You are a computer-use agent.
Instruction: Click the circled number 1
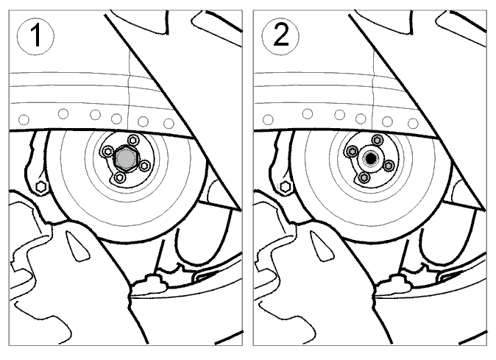point(35,36)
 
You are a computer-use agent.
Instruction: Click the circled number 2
point(280,36)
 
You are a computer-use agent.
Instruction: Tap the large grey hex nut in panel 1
point(126,158)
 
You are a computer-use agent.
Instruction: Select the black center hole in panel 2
point(370,158)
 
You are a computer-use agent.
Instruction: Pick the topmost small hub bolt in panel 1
point(132,139)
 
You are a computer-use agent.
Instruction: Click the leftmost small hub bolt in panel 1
point(108,151)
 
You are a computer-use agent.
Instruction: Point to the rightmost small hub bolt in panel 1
point(144,166)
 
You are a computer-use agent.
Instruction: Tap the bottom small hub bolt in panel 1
point(119,177)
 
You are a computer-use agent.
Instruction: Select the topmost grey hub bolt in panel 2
point(377,139)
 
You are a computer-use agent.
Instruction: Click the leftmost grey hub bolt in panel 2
point(352,151)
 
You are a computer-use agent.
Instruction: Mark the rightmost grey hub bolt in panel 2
point(389,166)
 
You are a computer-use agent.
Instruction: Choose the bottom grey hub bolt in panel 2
point(364,177)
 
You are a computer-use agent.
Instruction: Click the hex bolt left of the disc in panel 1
point(40,187)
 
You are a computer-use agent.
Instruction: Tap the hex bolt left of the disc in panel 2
point(286,187)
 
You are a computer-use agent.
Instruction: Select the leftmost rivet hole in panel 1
point(24,120)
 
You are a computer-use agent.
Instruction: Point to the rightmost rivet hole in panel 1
point(169,123)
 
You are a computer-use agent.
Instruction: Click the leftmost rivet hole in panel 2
point(269,120)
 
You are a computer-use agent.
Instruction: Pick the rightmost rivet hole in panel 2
point(413,123)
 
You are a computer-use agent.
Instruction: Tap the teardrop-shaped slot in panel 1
point(77,246)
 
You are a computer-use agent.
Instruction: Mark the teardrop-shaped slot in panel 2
point(322,246)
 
